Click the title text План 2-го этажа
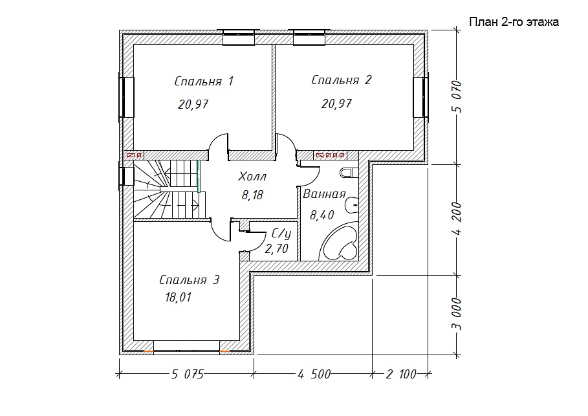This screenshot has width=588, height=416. tap(514, 22)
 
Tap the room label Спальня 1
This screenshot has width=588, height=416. tap(204, 81)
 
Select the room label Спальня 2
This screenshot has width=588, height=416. tap(342, 80)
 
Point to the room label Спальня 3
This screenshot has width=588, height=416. tap(189, 280)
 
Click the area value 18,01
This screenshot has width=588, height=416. tap(178, 297)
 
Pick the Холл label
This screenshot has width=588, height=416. tap(252, 176)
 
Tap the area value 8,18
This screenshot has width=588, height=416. tap(252, 195)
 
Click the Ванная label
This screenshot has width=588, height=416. tap(324, 194)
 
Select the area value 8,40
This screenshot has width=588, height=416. tap(321, 215)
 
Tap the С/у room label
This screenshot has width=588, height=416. tap(281, 234)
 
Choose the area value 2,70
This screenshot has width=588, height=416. tap(276, 248)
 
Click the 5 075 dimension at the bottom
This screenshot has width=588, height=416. tap(187, 374)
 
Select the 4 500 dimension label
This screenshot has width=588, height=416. tap(314, 374)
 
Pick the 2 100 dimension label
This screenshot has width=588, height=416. tap(401, 374)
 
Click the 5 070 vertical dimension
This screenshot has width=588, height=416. tap(457, 96)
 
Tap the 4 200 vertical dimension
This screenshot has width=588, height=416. tap(457, 218)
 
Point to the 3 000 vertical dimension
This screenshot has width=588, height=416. tap(457, 314)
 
